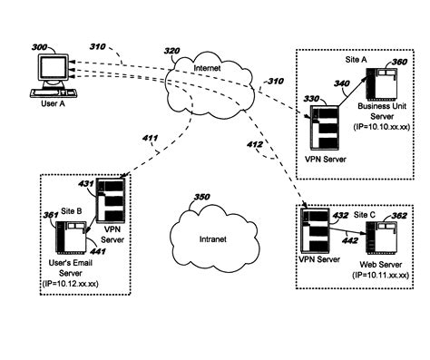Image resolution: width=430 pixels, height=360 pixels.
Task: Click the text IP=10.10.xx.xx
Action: tap(381, 129)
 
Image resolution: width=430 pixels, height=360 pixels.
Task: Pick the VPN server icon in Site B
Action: tap(110, 201)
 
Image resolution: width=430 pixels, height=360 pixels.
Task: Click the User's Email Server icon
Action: tap(69, 238)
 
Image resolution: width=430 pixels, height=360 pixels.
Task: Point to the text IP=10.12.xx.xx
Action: tap(70, 285)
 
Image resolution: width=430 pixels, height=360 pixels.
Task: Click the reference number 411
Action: tap(149, 139)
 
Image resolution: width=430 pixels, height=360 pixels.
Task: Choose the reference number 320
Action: tap(172, 51)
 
